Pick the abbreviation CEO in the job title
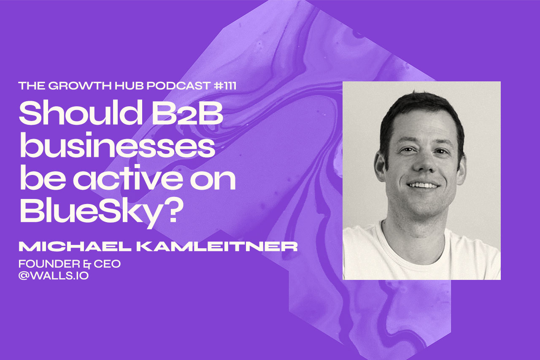pyautogui.click(x=110, y=264)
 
